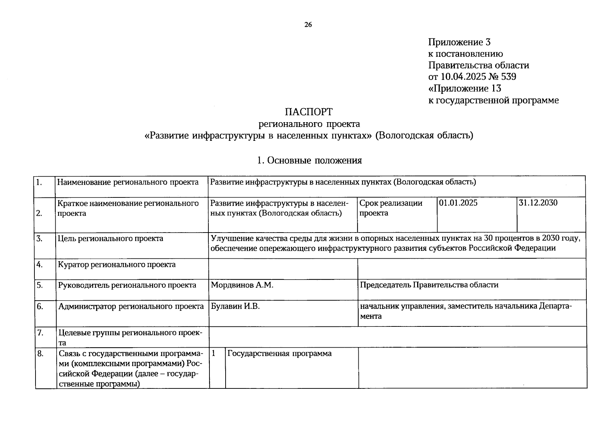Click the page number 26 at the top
pyautogui.click(x=308, y=25)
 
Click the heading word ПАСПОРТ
pyautogui.click(x=308, y=112)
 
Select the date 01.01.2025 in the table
pyautogui.click(x=458, y=203)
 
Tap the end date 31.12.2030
pyautogui.click(x=538, y=203)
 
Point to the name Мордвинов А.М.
pyautogui.click(x=242, y=285)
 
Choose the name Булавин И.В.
pyautogui.click(x=235, y=306)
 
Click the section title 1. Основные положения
pyautogui.click(x=310, y=161)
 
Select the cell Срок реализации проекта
pyautogui.click(x=391, y=208)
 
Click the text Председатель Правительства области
pyautogui.click(x=429, y=285)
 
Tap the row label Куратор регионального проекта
pyautogui.click(x=117, y=265)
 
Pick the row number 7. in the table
pyautogui.click(x=40, y=333)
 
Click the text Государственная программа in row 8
pyautogui.click(x=279, y=354)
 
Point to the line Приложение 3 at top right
pyautogui.click(x=459, y=42)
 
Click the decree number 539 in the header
pyautogui.click(x=509, y=77)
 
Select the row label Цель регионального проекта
pyautogui.click(x=110, y=239)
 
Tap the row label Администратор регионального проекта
pyautogui.click(x=131, y=307)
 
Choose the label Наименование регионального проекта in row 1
pyautogui.click(x=128, y=182)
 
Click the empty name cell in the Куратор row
pyautogui.click(x=283, y=269)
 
